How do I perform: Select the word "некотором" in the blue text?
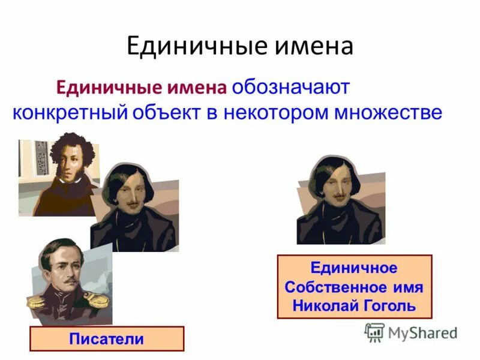tap(275, 113)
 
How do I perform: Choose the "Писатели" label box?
tap(107, 339)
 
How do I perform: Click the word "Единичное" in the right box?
tap(354, 268)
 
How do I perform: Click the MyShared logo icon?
tap(374, 332)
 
